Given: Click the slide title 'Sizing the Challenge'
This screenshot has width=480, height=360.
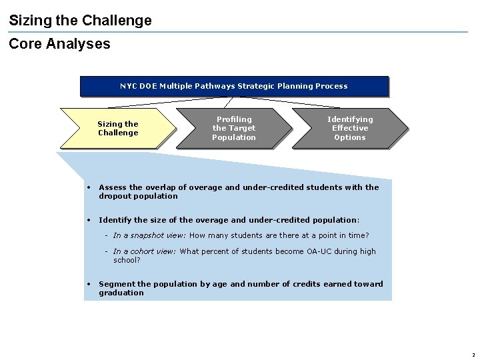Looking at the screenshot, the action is (x=80, y=21).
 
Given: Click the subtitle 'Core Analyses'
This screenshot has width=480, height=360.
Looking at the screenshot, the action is (x=59, y=44).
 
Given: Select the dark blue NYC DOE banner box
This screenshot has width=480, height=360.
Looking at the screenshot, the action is (x=233, y=86).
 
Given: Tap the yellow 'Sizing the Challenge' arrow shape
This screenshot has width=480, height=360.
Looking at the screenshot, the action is (x=118, y=128).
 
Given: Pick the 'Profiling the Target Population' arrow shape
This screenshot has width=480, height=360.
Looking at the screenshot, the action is (x=233, y=128).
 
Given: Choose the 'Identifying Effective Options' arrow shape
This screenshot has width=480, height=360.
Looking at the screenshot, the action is (x=349, y=128).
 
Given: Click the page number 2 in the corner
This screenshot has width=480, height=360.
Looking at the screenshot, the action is (x=473, y=355).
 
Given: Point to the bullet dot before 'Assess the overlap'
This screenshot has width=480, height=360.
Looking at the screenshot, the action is (x=89, y=187).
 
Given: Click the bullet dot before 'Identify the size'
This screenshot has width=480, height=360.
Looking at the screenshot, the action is (x=89, y=220).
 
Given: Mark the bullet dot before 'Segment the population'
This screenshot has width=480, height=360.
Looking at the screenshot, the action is (x=89, y=284).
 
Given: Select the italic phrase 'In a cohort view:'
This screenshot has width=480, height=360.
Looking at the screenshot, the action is (x=145, y=251).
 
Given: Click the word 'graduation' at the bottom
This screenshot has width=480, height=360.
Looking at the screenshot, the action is (x=121, y=293).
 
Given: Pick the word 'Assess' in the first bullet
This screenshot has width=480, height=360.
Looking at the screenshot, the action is (x=112, y=187).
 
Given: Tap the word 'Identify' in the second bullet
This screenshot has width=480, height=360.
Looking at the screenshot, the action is (x=114, y=220).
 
